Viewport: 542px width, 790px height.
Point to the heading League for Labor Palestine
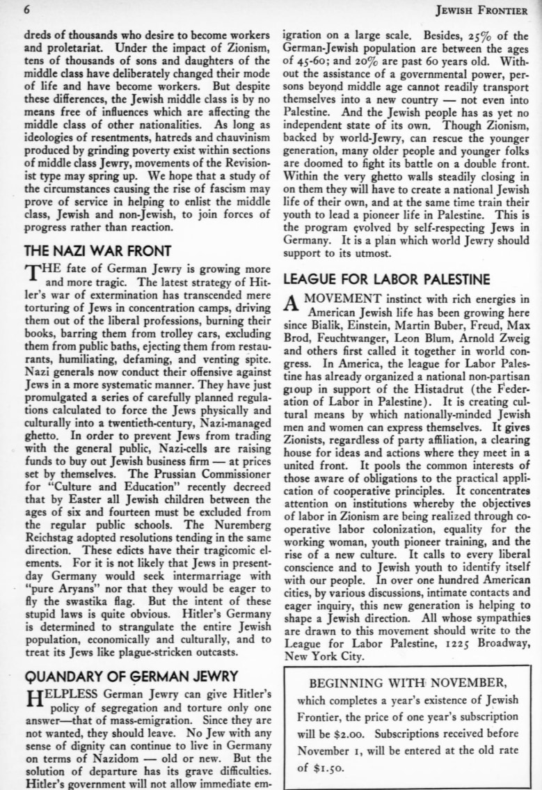click(x=388, y=280)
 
